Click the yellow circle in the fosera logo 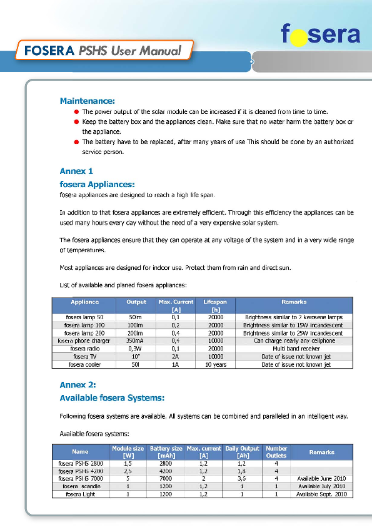pyautogui.click(x=299, y=37)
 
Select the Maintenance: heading pyautogui.click(x=87, y=101)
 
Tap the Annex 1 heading pyautogui.click(x=76, y=171)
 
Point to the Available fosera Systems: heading pyautogui.click(x=112, y=397)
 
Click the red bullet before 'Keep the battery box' pyautogui.click(x=76, y=122)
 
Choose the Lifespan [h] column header pyautogui.click(x=215, y=305)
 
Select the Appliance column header pyautogui.click(x=84, y=302)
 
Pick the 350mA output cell pyautogui.click(x=136, y=341)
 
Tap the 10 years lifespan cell pyautogui.click(x=215, y=364)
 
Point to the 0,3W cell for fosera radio pyautogui.click(x=136, y=349)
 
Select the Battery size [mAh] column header pyautogui.click(x=166, y=452)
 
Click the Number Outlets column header pyautogui.click(x=276, y=452)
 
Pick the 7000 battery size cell pyautogui.click(x=166, y=478)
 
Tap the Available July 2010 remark pyautogui.click(x=321, y=486)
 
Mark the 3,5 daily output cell pyautogui.click(x=241, y=478)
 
